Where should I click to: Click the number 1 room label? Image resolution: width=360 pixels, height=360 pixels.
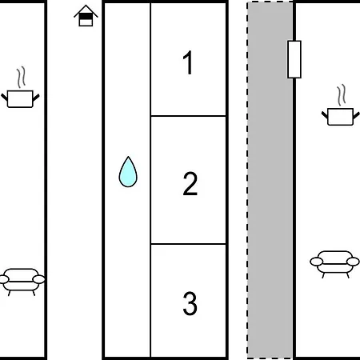pyautogui.click(x=188, y=62)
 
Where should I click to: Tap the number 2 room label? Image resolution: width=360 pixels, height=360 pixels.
pyautogui.click(x=190, y=184)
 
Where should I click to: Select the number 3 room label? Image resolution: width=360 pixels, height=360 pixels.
pyautogui.click(x=190, y=303)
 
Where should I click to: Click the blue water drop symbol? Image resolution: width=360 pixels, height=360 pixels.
pyautogui.click(x=128, y=172)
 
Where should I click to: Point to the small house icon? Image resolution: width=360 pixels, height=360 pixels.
pyautogui.click(x=86, y=16)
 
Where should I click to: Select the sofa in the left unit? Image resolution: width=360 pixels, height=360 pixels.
pyautogui.click(x=22, y=282)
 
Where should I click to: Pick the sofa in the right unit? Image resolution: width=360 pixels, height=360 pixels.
pyautogui.click(x=334, y=264)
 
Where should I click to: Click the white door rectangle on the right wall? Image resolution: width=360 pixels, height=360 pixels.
pyautogui.click(x=294, y=59)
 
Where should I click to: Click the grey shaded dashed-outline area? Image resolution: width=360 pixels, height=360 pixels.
pyautogui.click(x=270, y=180)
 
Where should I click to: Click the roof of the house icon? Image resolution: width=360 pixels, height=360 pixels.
pyautogui.click(x=86, y=11)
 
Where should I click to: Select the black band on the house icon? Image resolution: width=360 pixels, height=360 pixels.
pyautogui.click(x=86, y=17)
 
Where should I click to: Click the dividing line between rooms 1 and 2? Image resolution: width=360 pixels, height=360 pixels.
pyautogui.click(x=188, y=116)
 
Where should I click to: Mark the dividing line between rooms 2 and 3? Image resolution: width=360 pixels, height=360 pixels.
pyautogui.click(x=188, y=244)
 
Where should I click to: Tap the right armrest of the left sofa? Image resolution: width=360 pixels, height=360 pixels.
pyautogui.click(x=39, y=279)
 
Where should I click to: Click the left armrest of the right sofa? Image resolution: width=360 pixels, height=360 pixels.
pyautogui.click(x=316, y=262)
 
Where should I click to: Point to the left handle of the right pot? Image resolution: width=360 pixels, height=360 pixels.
pyautogui.click(x=325, y=115)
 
